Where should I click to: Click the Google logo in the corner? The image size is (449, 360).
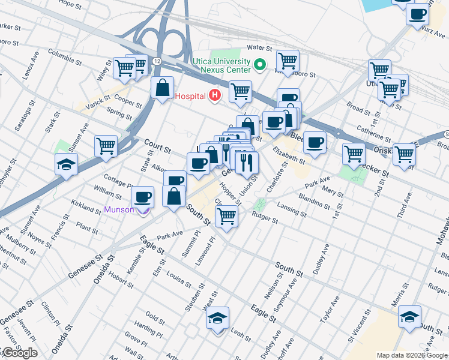pos(19,353)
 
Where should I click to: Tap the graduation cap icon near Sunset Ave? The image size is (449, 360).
pos(66,164)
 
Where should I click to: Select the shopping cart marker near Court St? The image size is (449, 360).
pos(106,145)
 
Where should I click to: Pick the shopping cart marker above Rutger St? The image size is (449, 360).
pos(226,215)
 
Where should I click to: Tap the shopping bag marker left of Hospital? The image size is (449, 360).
pos(162,88)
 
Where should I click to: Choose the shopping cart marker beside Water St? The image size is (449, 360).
pos(288,61)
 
